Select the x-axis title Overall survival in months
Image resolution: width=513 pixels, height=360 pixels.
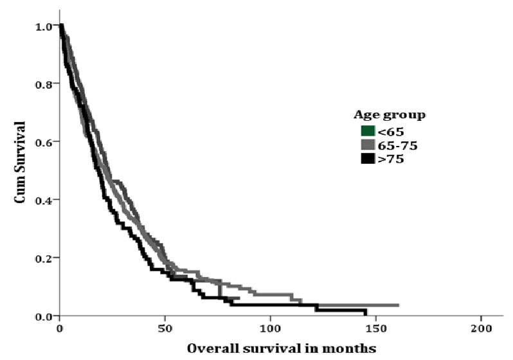pos(282,349)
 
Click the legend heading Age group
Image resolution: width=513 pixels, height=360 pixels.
pos(390,115)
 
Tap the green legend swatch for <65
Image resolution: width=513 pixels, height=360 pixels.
pos(367,132)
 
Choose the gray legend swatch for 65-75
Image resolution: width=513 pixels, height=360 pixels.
pos(367,145)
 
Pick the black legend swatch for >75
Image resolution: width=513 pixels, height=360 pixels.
pos(367,159)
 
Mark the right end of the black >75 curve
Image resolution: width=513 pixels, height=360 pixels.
pos(366,314)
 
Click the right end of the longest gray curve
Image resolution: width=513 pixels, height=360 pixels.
pos(399,305)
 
